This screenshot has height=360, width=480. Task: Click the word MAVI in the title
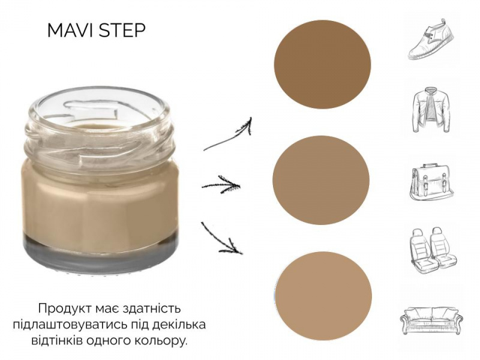coord(71,31)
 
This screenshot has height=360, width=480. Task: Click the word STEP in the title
coord(123,31)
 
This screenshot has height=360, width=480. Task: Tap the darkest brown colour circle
coord(322,64)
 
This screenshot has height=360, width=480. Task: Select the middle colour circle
coord(321,180)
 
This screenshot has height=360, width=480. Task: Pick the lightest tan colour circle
coord(323,296)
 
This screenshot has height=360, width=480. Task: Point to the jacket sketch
coord(431,110)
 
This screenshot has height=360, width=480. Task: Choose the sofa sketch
coord(431,320)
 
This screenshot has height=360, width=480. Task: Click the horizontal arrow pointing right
coord(221,185)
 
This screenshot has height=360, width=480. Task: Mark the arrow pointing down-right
coord(221,239)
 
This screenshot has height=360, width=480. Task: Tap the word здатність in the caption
coord(152,308)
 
